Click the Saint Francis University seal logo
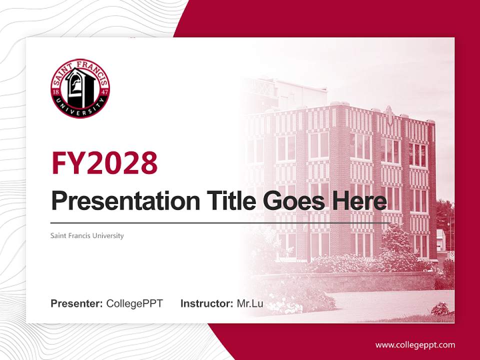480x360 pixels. pyautogui.click(x=80, y=88)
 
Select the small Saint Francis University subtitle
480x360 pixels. pyautogui.click(x=87, y=235)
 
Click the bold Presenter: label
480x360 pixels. pyautogui.click(x=77, y=303)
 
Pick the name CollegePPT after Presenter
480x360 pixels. pyautogui.click(x=134, y=303)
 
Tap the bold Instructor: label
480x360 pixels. pyautogui.click(x=207, y=303)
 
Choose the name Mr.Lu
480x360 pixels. pyautogui.click(x=250, y=303)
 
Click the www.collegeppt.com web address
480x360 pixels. pyautogui.click(x=415, y=344)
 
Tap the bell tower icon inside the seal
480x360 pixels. pyautogui.click(x=80, y=85)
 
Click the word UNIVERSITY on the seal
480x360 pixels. pyautogui.click(x=80, y=110)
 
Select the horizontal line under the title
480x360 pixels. pyautogui.click(x=220, y=222)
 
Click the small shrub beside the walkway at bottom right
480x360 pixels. pyautogui.click(x=442, y=309)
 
